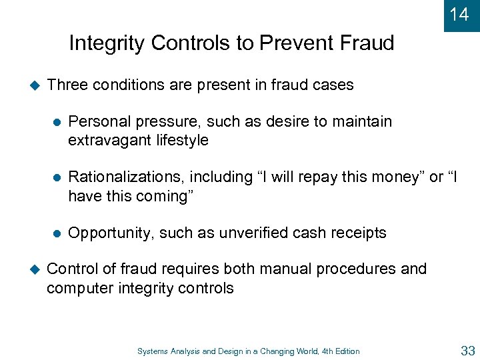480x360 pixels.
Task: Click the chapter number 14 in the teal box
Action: coord(459,14)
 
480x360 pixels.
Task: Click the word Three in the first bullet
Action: coord(68,85)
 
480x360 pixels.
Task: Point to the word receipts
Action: coord(359,233)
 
